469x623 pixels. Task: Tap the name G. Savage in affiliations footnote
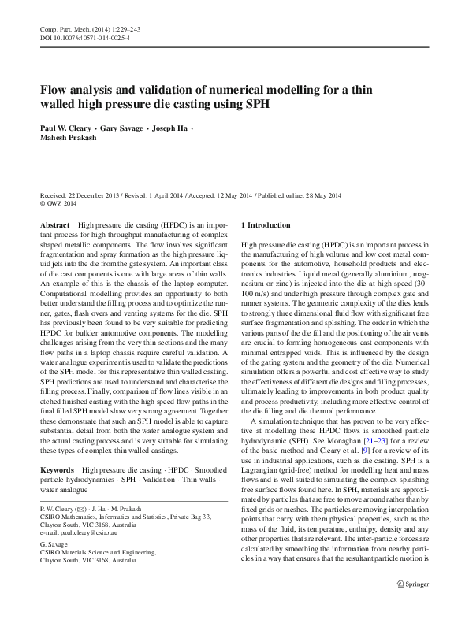pyautogui.click(x=52, y=544)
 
